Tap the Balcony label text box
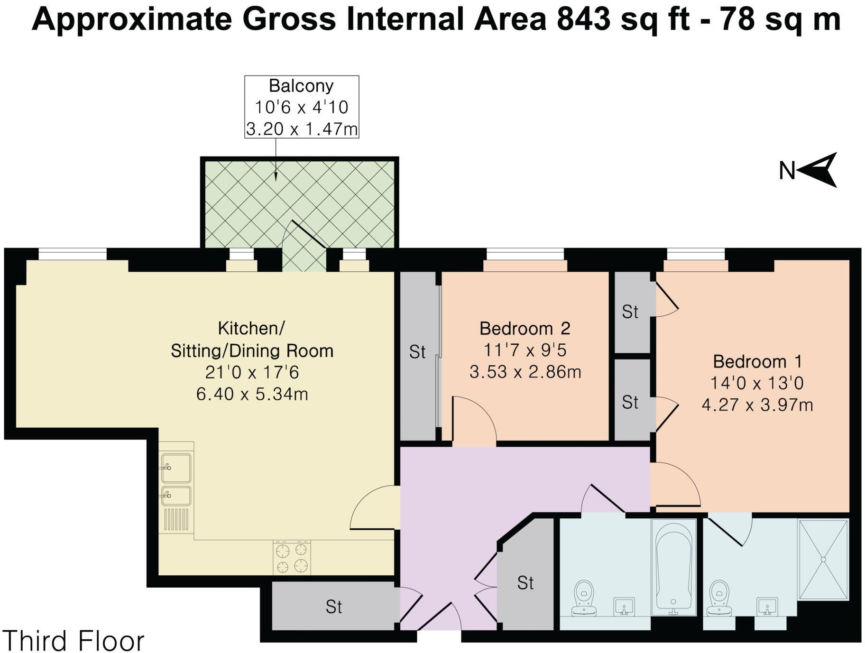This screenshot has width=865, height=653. [x=302, y=107]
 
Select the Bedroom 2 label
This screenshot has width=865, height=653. [x=525, y=328]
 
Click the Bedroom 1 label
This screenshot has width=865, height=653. [x=757, y=361]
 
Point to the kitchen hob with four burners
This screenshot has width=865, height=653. [x=292, y=558]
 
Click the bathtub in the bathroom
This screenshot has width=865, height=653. [x=673, y=567]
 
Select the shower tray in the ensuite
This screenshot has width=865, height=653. [x=823, y=560]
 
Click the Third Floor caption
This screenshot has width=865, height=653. [x=74, y=641]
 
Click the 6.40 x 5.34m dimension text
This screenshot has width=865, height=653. [x=252, y=394]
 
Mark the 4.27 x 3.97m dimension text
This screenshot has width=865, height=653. [x=757, y=405]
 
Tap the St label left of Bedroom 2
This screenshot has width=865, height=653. [x=417, y=352]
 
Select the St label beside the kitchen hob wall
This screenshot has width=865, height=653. [x=334, y=607]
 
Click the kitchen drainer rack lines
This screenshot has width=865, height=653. [x=176, y=519]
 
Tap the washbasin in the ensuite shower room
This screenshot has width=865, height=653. [x=767, y=607]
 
